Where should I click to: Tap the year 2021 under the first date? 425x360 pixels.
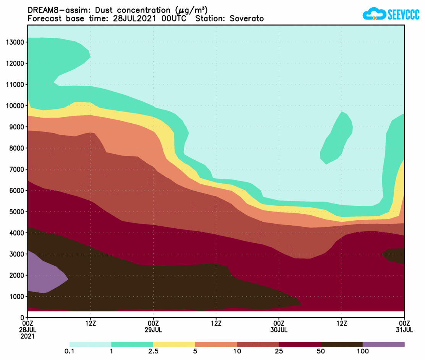coord(28,336)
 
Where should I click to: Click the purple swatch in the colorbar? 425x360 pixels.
coord(383,344)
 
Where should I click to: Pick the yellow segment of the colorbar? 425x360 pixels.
coord(174,344)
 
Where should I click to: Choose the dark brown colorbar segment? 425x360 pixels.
coord(341,344)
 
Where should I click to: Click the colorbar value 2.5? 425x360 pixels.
coord(153,351)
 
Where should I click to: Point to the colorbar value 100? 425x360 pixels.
coord(362,351)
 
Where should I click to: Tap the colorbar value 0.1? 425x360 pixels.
coord(70,351)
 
